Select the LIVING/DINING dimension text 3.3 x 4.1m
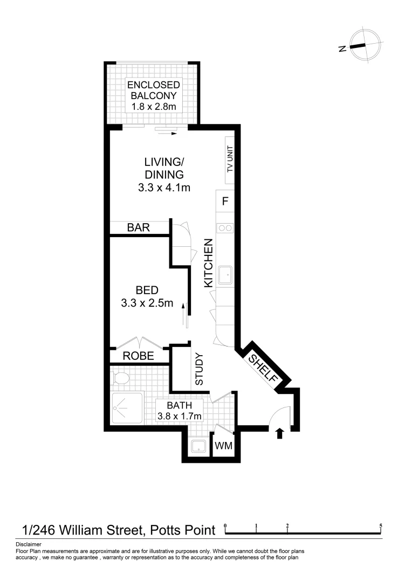(x=164, y=188)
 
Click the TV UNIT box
(x=230, y=159)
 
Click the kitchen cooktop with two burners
(x=225, y=228)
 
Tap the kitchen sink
(x=225, y=275)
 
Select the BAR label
(x=138, y=227)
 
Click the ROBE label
(x=138, y=356)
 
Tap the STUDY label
(x=198, y=369)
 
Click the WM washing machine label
(x=223, y=446)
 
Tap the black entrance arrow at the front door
(x=279, y=433)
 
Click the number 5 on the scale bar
(x=381, y=525)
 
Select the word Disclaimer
(x=28, y=544)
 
